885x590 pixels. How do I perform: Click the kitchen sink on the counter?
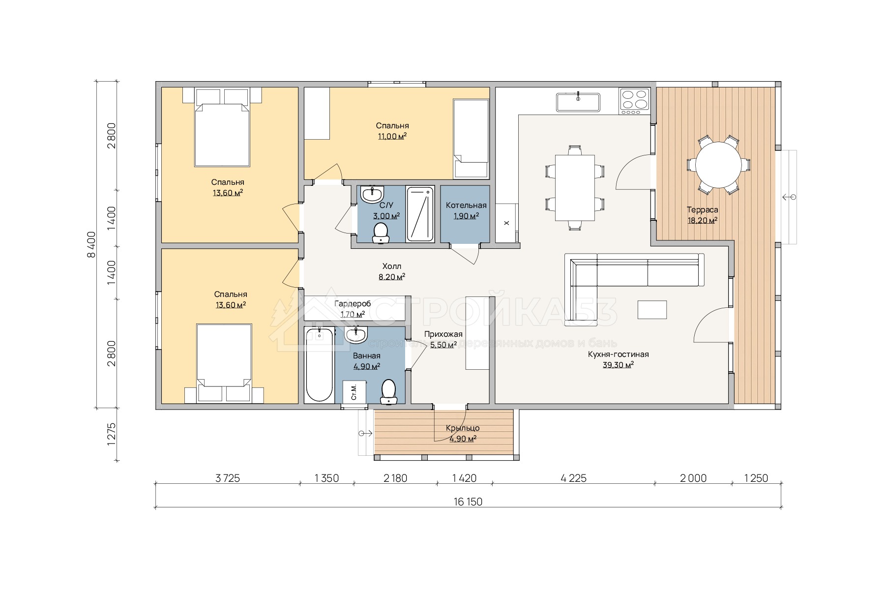[x=578, y=102]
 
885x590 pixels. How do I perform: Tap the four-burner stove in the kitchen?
[x=635, y=101]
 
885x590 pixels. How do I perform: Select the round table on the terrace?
[x=718, y=165]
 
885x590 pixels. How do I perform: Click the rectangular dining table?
[x=575, y=188]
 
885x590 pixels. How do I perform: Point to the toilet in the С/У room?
[x=381, y=233]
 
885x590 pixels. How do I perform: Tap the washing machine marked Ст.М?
[x=354, y=392]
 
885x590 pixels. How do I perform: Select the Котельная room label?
[x=466, y=206]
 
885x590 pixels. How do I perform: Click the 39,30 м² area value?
[x=618, y=365]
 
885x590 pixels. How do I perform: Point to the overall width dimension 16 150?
[x=468, y=502]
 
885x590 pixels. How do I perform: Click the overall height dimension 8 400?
[x=91, y=244]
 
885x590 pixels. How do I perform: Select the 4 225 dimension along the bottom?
[x=573, y=478]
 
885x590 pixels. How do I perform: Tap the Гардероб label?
[x=353, y=304]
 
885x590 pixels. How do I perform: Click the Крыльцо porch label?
[x=463, y=428]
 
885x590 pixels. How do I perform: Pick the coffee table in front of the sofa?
[x=652, y=310]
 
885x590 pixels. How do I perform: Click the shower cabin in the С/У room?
[x=420, y=214]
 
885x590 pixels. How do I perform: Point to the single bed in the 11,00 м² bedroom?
[x=471, y=139]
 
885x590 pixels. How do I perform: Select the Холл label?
[x=392, y=266]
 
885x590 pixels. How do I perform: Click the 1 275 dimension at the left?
[x=111, y=434]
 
